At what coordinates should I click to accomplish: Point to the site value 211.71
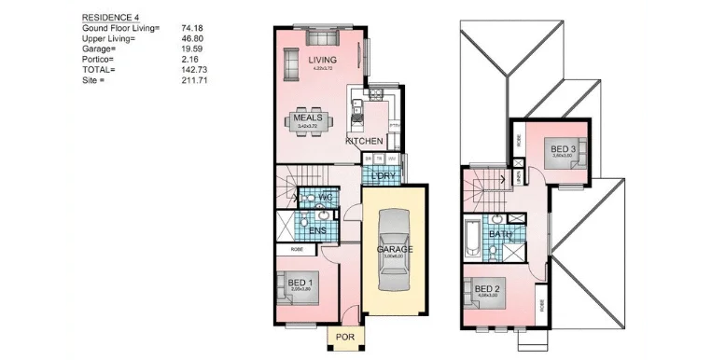click(194, 80)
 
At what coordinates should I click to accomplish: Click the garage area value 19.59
click(191, 49)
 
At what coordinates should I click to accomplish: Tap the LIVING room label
click(323, 61)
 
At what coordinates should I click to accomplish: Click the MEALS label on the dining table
click(308, 118)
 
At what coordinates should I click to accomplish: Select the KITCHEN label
click(364, 140)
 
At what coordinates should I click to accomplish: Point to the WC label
click(325, 198)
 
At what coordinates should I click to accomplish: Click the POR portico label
click(344, 337)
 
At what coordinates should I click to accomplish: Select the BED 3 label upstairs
click(562, 150)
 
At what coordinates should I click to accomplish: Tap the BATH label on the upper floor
click(500, 234)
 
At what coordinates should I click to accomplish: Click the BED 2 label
click(487, 289)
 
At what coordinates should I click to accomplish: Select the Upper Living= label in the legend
click(108, 39)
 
